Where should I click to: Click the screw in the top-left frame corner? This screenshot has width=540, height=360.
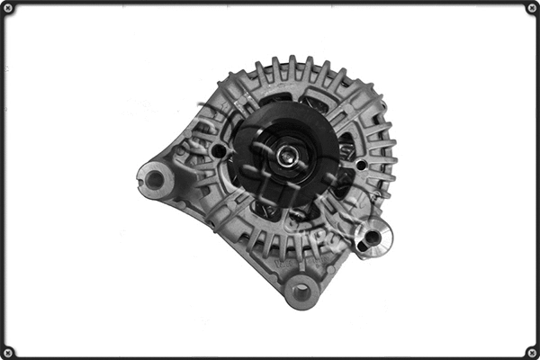click(x=8, y=8)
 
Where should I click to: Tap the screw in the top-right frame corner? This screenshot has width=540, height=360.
click(x=532, y=8)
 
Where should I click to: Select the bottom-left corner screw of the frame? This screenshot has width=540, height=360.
click(x=8, y=352)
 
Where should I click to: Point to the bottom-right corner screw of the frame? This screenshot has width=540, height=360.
click(x=532, y=352)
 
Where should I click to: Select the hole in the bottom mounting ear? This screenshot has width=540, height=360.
click(x=301, y=292)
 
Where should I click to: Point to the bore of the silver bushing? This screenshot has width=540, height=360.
click(x=371, y=238)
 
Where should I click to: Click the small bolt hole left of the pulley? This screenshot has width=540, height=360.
click(x=218, y=151)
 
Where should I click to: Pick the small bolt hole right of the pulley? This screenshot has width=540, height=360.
click(x=362, y=165)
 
